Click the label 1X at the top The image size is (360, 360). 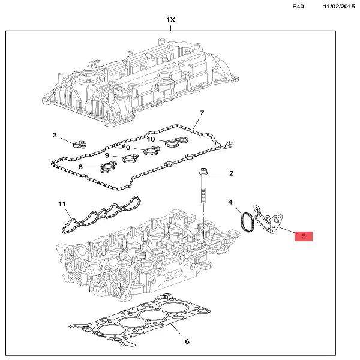click(x=171, y=20)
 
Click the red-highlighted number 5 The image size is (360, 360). click(x=304, y=236)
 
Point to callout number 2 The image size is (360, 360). click(x=231, y=173)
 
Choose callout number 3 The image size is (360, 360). click(x=55, y=136)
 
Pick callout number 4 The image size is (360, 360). click(x=230, y=203)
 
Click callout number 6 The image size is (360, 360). click(x=187, y=341)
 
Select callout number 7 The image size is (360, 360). click(x=202, y=113)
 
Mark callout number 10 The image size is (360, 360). click(x=152, y=139)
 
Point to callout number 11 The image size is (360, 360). click(x=62, y=204)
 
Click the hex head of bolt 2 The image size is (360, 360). click(x=203, y=172)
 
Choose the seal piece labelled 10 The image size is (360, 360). click(x=176, y=142)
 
